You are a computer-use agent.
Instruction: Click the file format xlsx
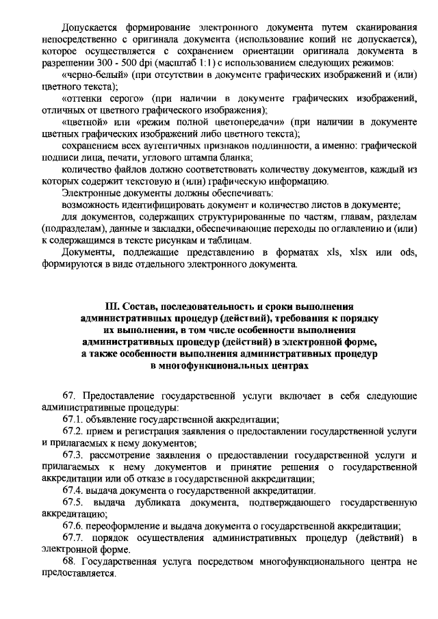pyautogui.click(x=355, y=252)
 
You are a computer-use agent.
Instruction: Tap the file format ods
pyautogui.click(x=408, y=252)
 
